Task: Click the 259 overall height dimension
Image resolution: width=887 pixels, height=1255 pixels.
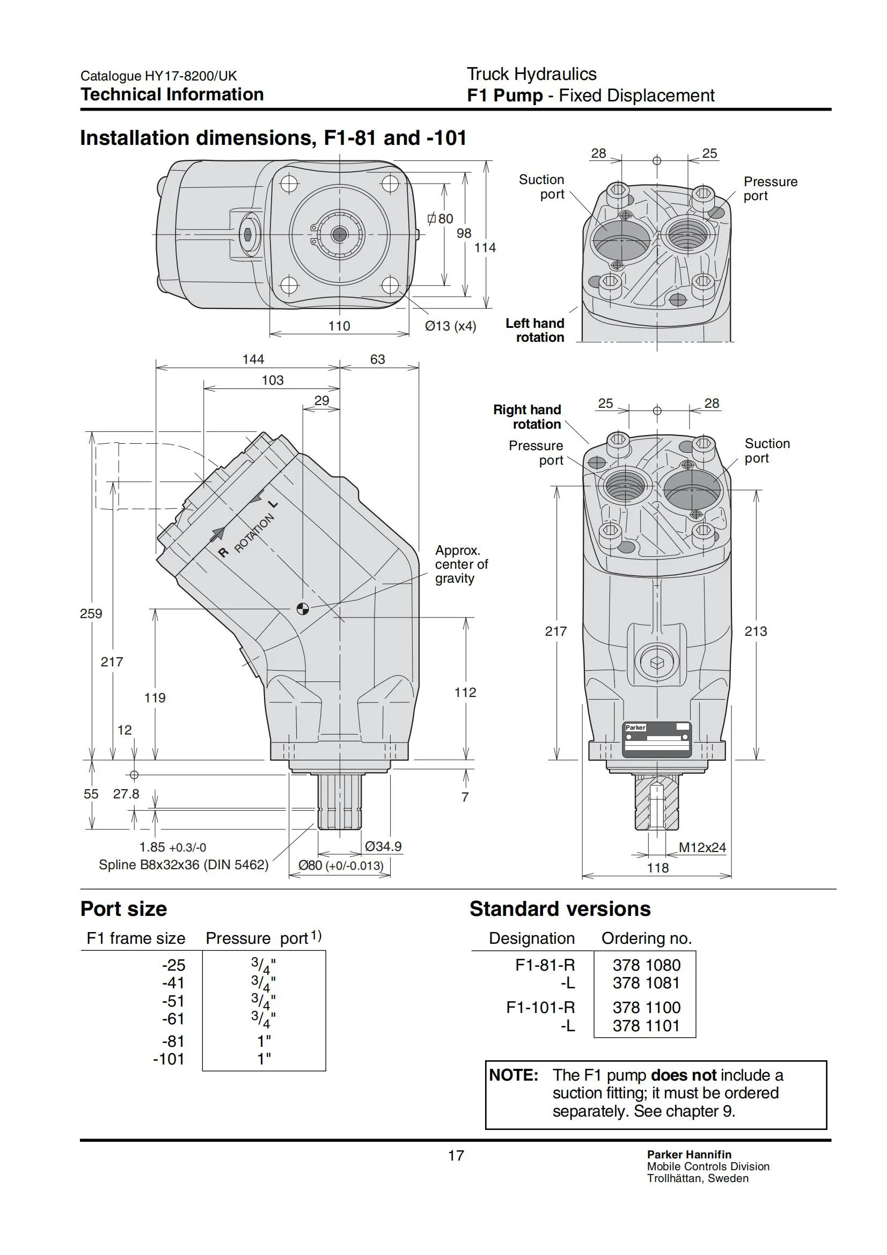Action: click(x=91, y=613)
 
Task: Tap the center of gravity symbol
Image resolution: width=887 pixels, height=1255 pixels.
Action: click(x=302, y=608)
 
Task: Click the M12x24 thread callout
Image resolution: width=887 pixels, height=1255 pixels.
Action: click(x=702, y=848)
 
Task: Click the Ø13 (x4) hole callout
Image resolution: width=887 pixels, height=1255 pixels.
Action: click(x=450, y=326)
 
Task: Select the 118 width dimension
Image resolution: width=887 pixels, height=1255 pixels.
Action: click(x=657, y=868)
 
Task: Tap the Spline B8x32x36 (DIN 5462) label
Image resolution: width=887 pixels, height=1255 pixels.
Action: click(x=184, y=865)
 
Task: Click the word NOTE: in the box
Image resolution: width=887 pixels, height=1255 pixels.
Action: click(x=514, y=1075)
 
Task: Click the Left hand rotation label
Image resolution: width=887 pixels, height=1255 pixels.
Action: click(x=534, y=330)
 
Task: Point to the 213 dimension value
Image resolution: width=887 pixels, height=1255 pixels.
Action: click(x=756, y=632)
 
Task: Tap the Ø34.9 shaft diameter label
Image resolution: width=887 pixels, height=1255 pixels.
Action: click(x=383, y=847)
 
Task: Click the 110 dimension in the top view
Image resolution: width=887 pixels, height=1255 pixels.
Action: click(x=339, y=326)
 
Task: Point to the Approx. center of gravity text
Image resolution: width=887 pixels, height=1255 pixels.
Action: click(x=461, y=564)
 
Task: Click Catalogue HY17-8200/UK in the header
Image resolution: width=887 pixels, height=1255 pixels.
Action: click(x=158, y=76)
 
